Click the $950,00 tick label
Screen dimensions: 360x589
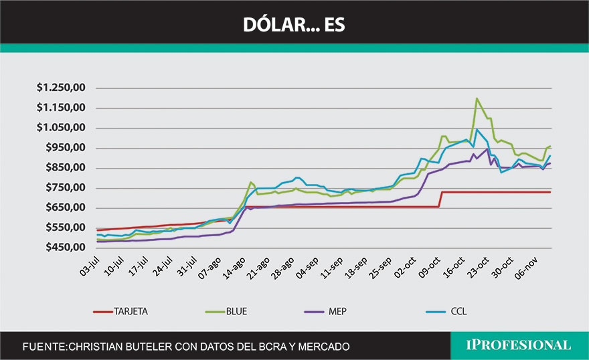65,148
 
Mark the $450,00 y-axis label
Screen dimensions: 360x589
65,248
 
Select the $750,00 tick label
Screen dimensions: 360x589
65,187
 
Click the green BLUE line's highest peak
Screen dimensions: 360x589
477,98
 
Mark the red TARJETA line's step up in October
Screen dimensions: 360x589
440,199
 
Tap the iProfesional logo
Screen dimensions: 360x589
519,345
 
